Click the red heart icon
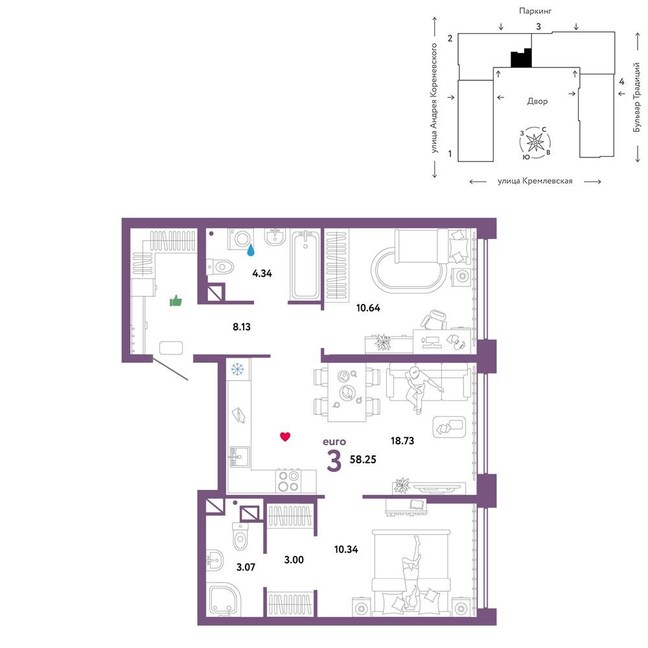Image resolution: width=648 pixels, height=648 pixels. click(x=285, y=436)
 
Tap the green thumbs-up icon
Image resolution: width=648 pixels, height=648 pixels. click(x=176, y=301)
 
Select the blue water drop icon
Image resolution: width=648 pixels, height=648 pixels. click(x=250, y=249)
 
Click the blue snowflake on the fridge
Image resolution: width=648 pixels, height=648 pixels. click(x=237, y=369)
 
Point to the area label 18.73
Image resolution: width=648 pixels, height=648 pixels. click(x=402, y=441)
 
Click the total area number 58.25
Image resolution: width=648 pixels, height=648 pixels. click(x=363, y=459)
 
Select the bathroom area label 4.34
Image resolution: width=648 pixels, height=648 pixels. click(x=262, y=273)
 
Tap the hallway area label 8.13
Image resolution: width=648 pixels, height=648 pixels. click(x=241, y=327)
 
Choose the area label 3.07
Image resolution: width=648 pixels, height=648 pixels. click(x=246, y=567)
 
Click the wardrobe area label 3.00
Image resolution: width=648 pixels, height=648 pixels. click(x=294, y=560)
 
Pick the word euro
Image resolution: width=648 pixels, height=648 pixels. click(x=334, y=442)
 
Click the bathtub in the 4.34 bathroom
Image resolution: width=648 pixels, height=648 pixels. click(x=305, y=264)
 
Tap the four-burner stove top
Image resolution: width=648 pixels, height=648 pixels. click(x=288, y=481)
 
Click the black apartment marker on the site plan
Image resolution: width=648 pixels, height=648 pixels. click(x=521, y=58)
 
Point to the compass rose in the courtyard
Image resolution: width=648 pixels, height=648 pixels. click(x=535, y=143)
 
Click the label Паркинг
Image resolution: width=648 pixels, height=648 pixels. click(x=535, y=11)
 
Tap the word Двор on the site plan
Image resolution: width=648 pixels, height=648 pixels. click(x=537, y=101)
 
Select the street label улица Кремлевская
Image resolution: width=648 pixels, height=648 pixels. click(x=535, y=181)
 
